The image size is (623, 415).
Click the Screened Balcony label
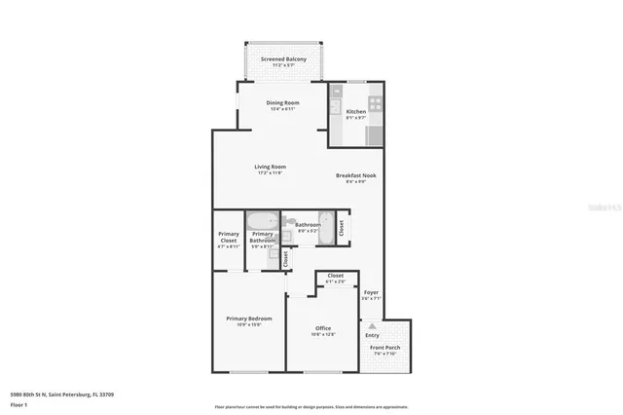click(282, 59)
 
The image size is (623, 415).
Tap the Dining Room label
click(282, 102)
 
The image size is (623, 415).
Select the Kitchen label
click(356, 111)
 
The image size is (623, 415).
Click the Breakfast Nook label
click(356, 175)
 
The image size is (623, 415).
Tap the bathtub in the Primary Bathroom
click(263, 220)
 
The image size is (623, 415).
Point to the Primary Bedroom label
click(248, 319)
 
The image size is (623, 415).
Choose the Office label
click(323, 328)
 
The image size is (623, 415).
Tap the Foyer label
click(371, 292)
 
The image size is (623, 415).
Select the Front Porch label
click(385, 347)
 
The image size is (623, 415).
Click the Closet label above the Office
click(335, 276)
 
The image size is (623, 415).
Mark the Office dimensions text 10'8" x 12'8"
click(323, 334)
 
